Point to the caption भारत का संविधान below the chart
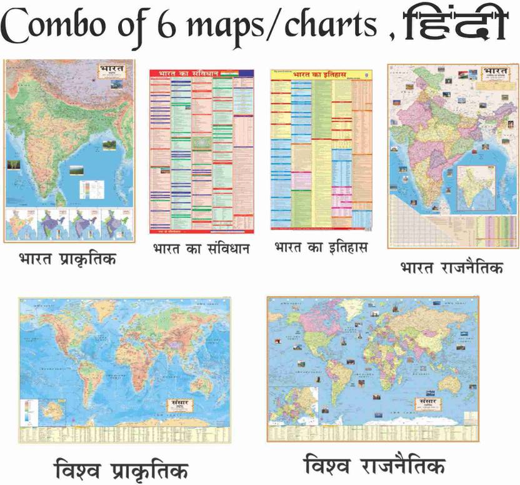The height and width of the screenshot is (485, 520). pos(201,249)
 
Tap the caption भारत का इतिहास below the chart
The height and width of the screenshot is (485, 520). pos(321,247)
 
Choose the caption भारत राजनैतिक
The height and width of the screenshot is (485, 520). pos(451,268)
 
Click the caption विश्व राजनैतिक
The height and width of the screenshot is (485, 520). pos(374,466)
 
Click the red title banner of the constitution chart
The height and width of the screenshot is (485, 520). pos(190,73)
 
